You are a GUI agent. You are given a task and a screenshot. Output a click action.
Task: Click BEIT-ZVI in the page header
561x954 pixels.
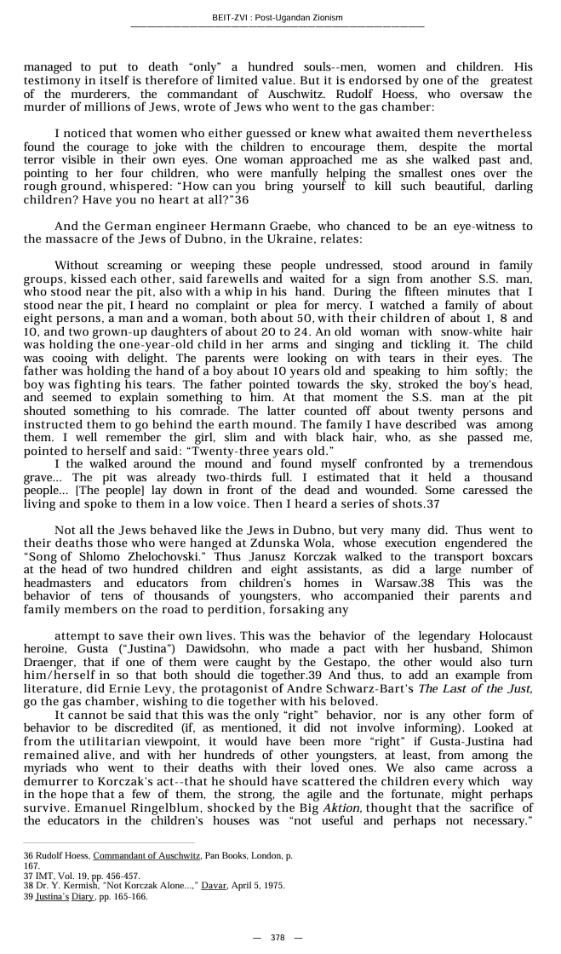pos(229,18)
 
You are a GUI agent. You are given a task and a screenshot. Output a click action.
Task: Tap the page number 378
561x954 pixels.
pos(278,937)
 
